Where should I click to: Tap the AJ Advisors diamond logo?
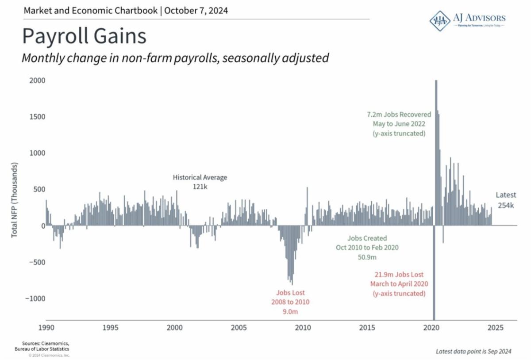[440, 20]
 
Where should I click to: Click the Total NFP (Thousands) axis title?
[15, 200]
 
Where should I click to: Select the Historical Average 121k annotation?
[200, 182]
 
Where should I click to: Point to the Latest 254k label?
[505, 200]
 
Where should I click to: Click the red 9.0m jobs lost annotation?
[290, 302]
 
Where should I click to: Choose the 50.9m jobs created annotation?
[367, 247]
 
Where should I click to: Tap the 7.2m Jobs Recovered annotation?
[399, 124]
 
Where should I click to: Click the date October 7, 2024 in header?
[197, 10]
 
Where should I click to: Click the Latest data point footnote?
[473, 352]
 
